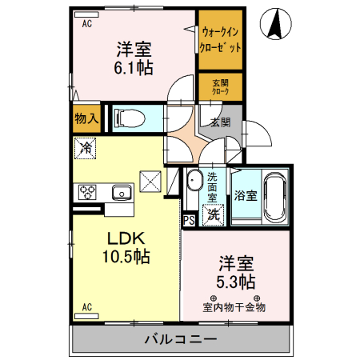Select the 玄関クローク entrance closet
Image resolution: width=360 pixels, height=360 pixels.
tap(220, 87)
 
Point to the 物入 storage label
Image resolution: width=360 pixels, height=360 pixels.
tap(86, 118)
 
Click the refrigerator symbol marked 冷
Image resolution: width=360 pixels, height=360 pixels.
tap(86, 149)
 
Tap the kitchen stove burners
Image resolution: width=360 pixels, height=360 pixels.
tap(86, 192)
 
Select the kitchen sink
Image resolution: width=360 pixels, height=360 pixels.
tap(122, 192)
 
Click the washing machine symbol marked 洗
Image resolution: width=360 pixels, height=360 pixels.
tap(213, 214)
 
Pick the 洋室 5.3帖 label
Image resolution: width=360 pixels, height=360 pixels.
tap(235, 272)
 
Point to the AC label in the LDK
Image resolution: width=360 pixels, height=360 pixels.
tap(87, 306)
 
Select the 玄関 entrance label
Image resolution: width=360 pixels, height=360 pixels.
tap(220, 122)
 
